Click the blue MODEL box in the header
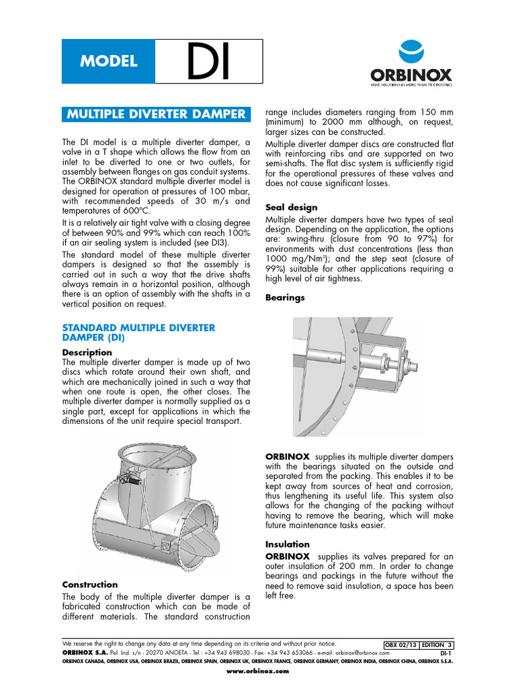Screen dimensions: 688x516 click(108, 61)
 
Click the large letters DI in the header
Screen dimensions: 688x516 click(208, 62)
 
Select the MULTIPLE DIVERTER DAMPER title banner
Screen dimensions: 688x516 click(157, 114)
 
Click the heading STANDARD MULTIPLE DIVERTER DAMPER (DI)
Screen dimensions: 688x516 click(138, 333)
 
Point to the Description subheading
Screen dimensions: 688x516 click(87, 352)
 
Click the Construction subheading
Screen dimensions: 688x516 click(89, 585)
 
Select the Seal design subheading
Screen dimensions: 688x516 click(292, 208)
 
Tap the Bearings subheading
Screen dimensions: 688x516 click(285, 297)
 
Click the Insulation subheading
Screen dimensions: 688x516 click(288, 544)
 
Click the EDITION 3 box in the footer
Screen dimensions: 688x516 click(437, 644)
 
